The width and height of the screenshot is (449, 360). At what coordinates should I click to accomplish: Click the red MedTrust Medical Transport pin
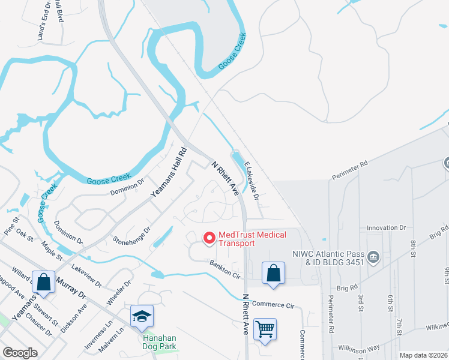[209, 238]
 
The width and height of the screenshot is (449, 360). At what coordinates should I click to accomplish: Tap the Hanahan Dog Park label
[159, 341]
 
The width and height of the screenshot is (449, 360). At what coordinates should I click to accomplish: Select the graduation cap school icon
[142, 316]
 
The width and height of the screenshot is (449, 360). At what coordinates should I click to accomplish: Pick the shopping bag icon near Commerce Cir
[273, 273]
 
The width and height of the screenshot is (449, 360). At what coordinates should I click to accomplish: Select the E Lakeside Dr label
[252, 182]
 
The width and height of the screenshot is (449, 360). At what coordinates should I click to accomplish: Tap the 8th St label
[414, 247]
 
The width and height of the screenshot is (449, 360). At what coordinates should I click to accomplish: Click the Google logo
[20, 353]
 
